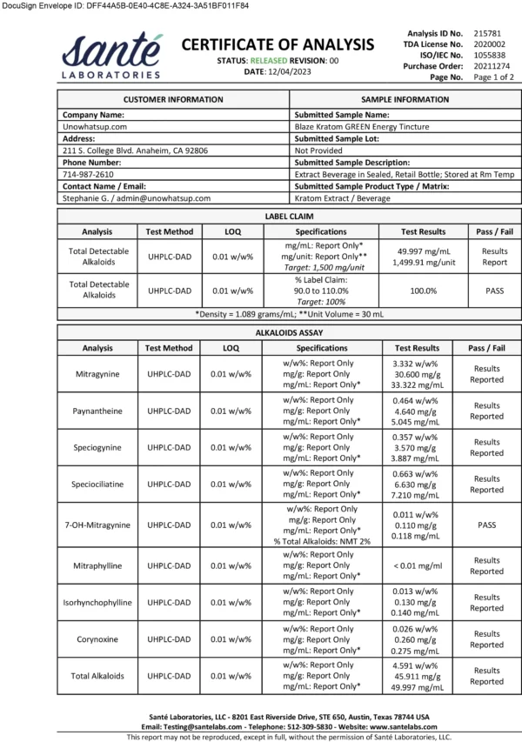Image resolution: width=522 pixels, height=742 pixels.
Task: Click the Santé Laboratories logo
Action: pyautogui.click(x=111, y=57)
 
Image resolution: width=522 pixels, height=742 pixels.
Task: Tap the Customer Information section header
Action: pyautogui.click(x=173, y=100)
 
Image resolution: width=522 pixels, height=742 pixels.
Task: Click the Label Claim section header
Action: pyautogui.click(x=289, y=216)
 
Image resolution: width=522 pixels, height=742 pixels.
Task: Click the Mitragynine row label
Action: pyautogui.click(x=97, y=374)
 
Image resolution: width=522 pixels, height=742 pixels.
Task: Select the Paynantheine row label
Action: pyautogui.click(x=97, y=411)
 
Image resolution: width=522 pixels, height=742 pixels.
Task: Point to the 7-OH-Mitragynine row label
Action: pyautogui.click(x=97, y=525)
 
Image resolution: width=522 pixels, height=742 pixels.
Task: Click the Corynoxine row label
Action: pyautogui.click(x=97, y=639)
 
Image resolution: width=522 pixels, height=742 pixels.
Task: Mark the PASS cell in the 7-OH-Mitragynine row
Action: pyautogui.click(x=487, y=525)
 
